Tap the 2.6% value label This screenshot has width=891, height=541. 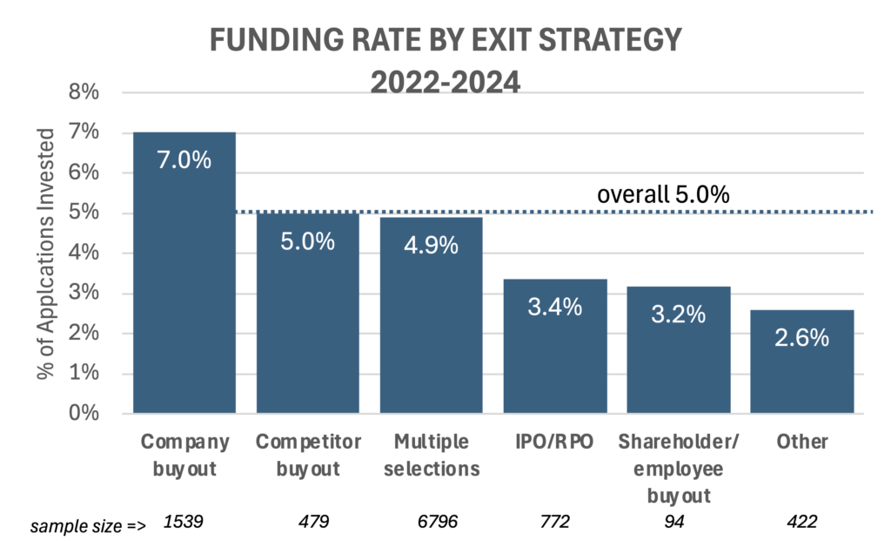pyautogui.click(x=802, y=337)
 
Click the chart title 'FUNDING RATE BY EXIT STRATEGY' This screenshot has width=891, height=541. pyautogui.click(x=445, y=41)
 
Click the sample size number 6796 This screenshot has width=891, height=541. pyautogui.click(x=431, y=523)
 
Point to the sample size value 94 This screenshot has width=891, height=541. pyautogui.click(x=679, y=523)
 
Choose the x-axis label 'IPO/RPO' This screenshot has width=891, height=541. pyautogui.click(x=555, y=442)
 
